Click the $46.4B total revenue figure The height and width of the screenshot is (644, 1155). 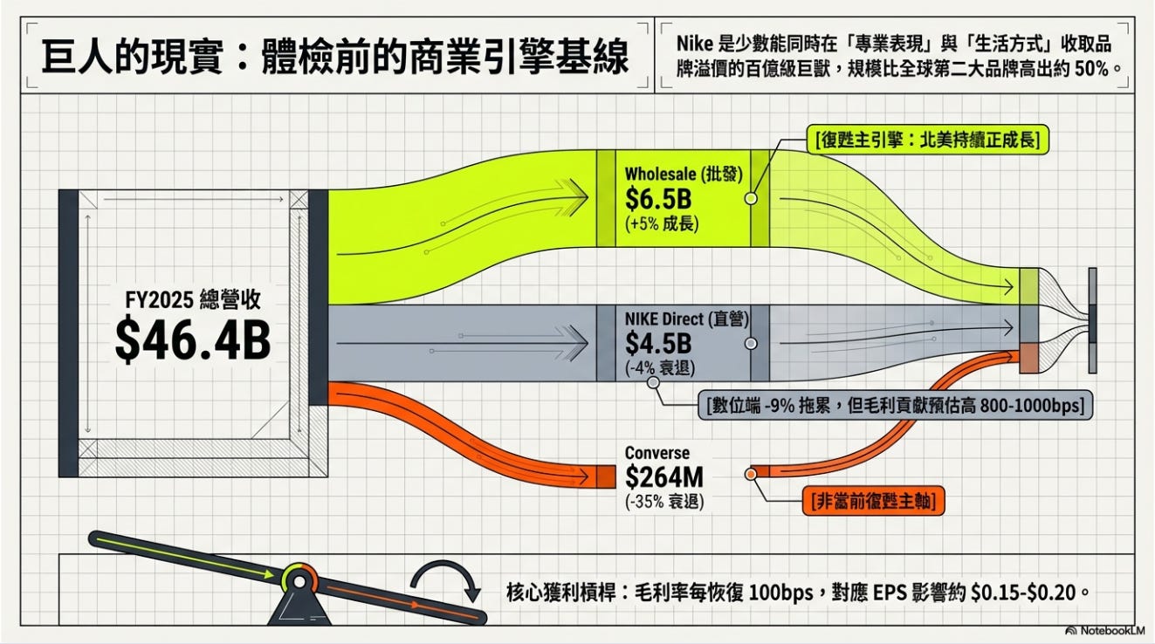pyautogui.click(x=192, y=340)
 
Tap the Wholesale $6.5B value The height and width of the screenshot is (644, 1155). pyautogui.click(x=658, y=199)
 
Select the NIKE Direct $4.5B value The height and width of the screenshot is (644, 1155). pyautogui.click(x=658, y=343)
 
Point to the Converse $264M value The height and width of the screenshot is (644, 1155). pyautogui.click(x=664, y=477)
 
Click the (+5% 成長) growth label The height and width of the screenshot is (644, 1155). pyautogui.click(x=662, y=224)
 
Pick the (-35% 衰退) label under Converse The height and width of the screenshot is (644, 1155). pyautogui.click(x=664, y=501)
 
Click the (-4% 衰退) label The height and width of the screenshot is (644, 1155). pyautogui.click(x=660, y=368)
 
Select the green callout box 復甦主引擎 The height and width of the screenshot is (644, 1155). pyautogui.click(x=928, y=140)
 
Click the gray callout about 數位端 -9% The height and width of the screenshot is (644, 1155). pyautogui.click(x=895, y=406)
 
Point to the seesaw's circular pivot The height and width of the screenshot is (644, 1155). pyautogui.click(x=299, y=581)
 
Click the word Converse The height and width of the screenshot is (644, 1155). pyautogui.click(x=657, y=453)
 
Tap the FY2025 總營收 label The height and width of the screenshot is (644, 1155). pyautogui.click(x=193, y=300)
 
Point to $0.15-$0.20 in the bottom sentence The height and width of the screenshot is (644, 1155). pyautogui.click(x=1023, y=593)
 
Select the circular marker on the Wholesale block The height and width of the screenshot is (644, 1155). pyautogui.click(x=751, y=198)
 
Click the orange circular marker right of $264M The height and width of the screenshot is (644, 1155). pyautogui.click(x=751, y=474)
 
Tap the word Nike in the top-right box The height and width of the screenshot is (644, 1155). pyautogui.click(x=695, y=44)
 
